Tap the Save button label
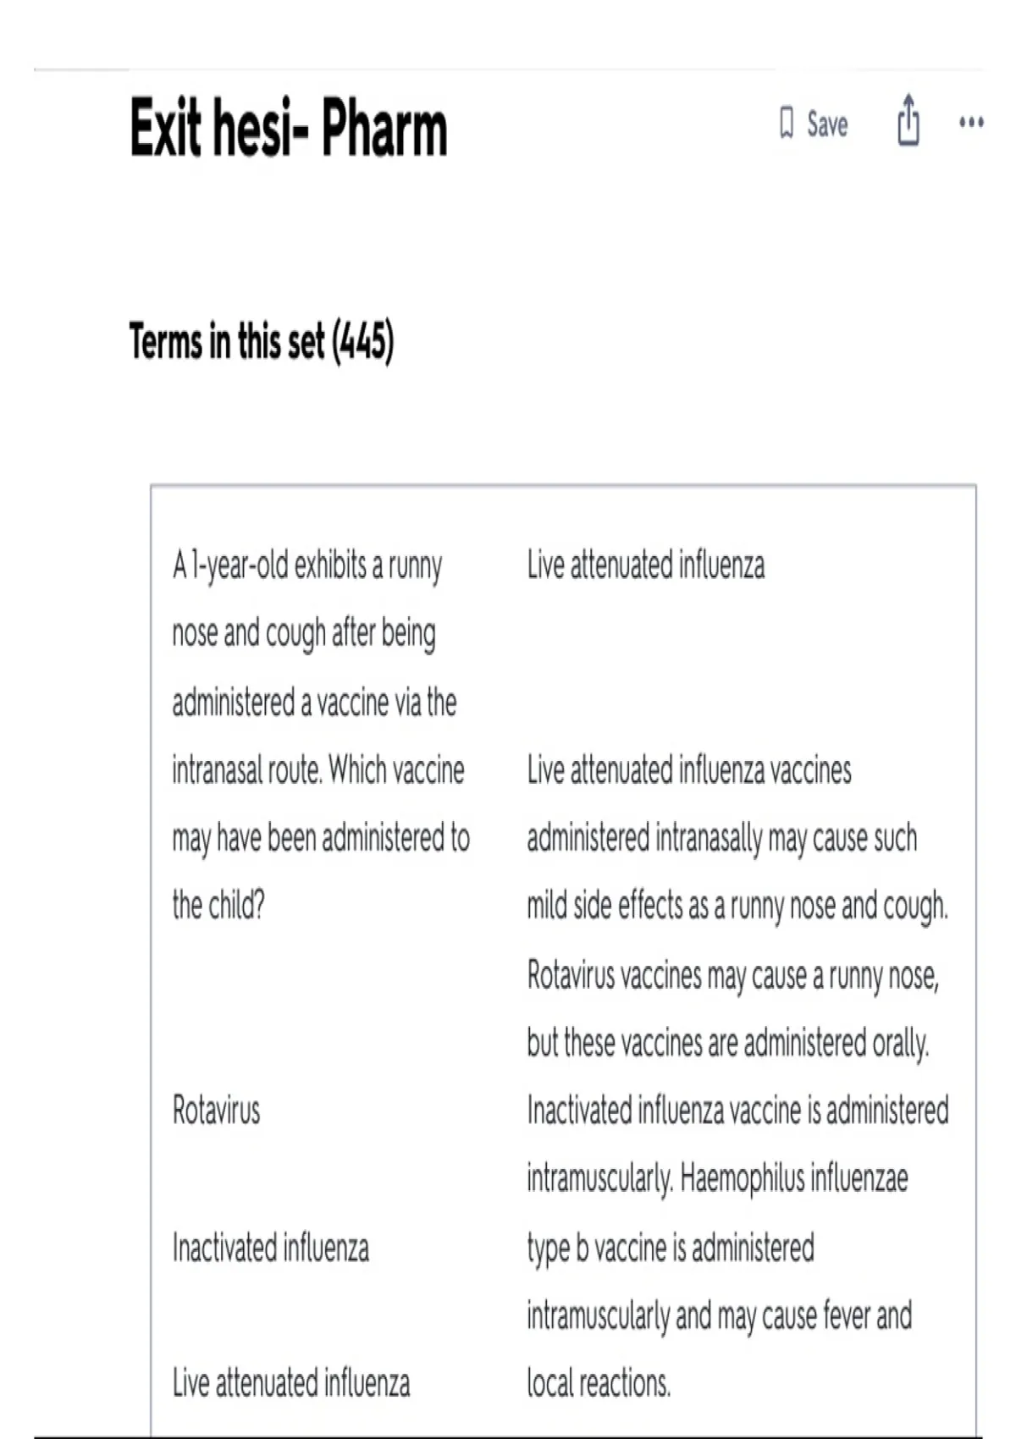(x=827, y=124)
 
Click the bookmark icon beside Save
(x=787, y=124)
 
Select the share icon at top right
(x=908, y=121)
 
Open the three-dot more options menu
(x=971, y=123)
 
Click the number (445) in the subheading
(x=363, y=342)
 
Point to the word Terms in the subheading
(x=167, y=342)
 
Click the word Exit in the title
(x=166, y=129)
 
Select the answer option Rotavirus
(x=216, y=1110)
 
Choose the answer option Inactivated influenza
(x=270, y=1248)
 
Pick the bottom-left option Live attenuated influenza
(x=290, y=1383)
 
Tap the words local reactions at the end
(x=599, y=1383)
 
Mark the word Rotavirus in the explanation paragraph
(x=571, y=975)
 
